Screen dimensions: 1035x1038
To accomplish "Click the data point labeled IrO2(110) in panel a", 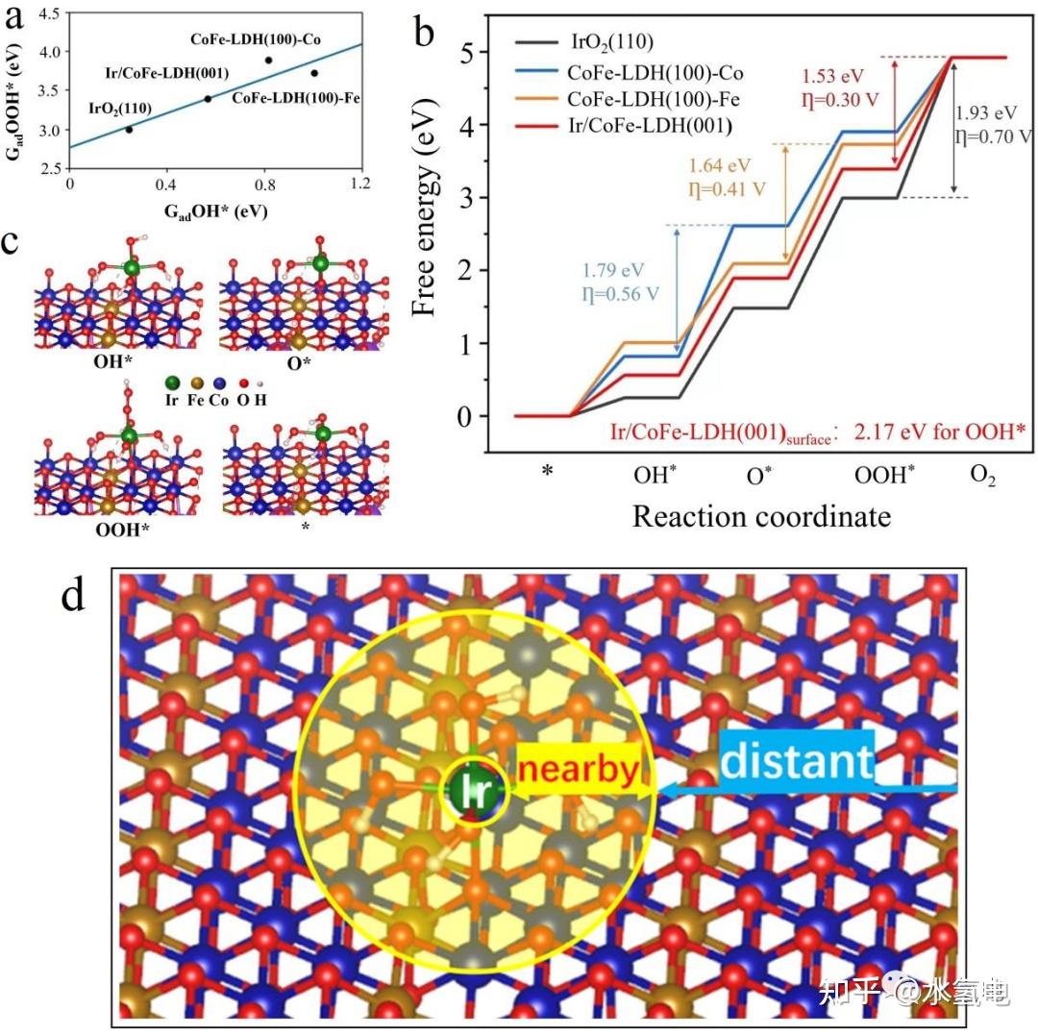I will (x=129, y=129).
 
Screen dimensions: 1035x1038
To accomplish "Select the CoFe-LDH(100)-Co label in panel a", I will (x=248, y=39).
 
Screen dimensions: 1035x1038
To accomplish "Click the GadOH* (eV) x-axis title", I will (x=213, y=209).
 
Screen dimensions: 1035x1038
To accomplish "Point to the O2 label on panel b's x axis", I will (x=982, y=476).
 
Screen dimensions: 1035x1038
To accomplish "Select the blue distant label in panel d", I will (x=796, y=762).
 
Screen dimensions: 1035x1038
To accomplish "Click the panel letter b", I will (x=425, y=35).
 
